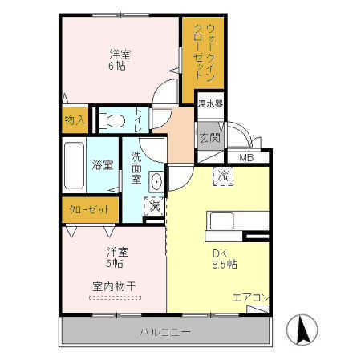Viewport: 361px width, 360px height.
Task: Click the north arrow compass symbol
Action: (x=303, y=328)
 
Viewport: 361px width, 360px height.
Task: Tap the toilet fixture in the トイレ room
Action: (x=113, y=121)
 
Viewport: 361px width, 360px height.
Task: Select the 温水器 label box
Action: (x=211, y=103)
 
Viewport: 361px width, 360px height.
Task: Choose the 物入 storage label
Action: (x=74, y=121)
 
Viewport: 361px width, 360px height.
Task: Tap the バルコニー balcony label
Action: (x=165, y=332)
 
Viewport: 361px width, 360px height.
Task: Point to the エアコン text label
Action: (x=249, y=298)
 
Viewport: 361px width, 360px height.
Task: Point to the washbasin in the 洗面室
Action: (x=156, y=182)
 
